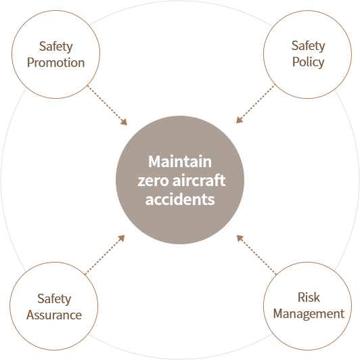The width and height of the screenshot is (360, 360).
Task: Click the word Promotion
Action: click(x=55, y=63)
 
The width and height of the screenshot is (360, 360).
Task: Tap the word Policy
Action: click(x=309, y=62)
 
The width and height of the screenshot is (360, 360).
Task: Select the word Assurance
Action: click(x=54, y=315)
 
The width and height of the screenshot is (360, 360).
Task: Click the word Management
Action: click(x=309, y=314)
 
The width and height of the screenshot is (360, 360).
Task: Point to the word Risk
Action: click(x=309, y=297)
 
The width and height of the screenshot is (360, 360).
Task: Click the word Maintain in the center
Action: click(x=180, y=162)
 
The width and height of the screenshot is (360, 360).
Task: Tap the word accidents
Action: click(x=180, y=199)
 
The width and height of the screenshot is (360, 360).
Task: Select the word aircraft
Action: click(x=199, y=181)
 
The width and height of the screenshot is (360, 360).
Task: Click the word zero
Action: click(x=154, y=181)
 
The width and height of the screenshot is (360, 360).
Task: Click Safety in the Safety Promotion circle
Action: click(x=55, y=47)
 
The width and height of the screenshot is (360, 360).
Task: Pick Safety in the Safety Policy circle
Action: click(x=309, y=46)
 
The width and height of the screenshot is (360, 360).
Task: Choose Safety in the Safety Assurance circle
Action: click(x=54, y=299)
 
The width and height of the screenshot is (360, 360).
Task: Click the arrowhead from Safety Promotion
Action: click(x=124, y=122)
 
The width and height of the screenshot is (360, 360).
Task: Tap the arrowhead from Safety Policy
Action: click(x=240, y=120)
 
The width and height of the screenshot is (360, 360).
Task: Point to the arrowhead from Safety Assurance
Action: click(x=121, y=238)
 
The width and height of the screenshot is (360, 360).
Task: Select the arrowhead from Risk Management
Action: click(x=240, y=238)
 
